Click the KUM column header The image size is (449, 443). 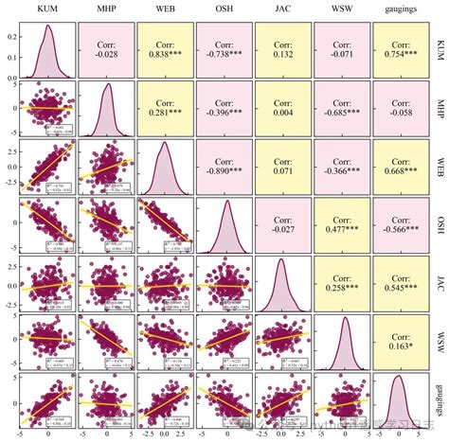(49, 10)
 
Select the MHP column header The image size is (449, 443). (107, 10)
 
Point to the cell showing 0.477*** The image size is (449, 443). (342, 230)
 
